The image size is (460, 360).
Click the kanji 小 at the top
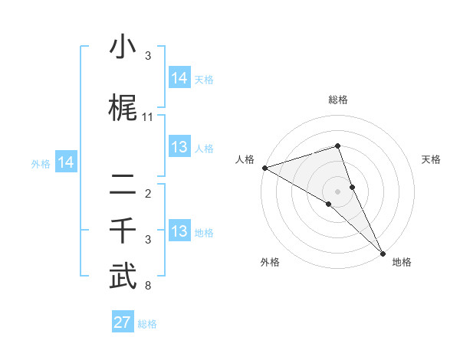click(x=123, y=48)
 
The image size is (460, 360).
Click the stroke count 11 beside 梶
click(x=148, y=117)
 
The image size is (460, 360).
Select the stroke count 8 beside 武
click(x=148, y=286)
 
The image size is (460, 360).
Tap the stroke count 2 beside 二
click(x=148, y=194)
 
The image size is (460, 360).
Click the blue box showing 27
click(x=123, y=322)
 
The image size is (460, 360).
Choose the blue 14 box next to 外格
click(x=65, y=162)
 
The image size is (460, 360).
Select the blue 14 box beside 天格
click(x=179, y=78)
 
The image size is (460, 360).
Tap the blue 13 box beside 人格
click(x=179, y=148)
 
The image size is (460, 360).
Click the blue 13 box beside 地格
click(x=179, y=232)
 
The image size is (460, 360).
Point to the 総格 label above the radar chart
click(x=338, y=100)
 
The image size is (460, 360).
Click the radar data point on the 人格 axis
click(x=264, y=168)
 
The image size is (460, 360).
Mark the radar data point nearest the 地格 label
click(x=383, y=253)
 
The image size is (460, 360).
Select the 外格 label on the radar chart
click(x=270, y=263)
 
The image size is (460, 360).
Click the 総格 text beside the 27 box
click(x=147, y=324)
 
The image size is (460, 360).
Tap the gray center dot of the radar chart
click(x=338, y=191)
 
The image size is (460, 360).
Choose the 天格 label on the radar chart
click(x=432, y=159)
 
